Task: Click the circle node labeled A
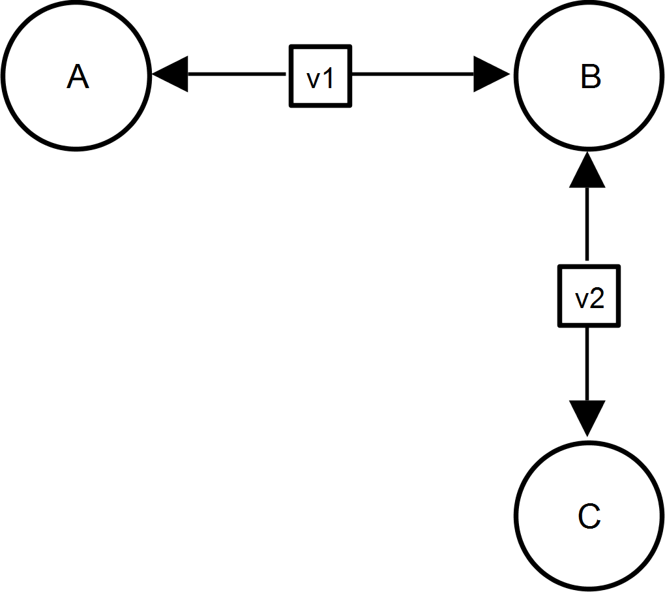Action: [76, 76]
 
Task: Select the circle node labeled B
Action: [589, 76]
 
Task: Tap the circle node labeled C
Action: [589, 516]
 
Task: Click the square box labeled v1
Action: [321, 76]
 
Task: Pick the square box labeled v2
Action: [589, 296]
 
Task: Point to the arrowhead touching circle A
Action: [170, 74]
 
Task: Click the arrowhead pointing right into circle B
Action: [492, 74]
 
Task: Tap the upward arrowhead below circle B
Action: [587, 170]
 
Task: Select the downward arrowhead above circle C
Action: [587, 418]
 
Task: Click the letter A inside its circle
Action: [78, 76]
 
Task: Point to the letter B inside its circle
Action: [591, 76]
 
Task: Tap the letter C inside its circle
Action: [589, 516]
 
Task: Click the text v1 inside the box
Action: [321, 78]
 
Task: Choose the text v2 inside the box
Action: [589, 298]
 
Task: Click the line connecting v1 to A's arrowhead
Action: [237, 74]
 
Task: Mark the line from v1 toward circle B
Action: [413, 74]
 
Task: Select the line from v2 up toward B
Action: [587, 224]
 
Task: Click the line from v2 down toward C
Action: [587, 364]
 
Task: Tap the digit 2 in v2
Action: [598, 298]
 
